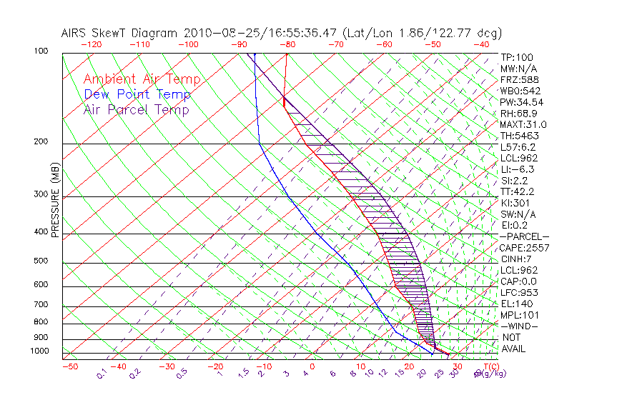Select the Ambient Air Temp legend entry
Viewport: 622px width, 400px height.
click(142, 79)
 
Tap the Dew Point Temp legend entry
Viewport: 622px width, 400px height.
click(137, 94)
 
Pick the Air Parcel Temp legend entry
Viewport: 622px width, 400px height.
click(137, 109)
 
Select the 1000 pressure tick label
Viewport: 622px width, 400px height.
click(40, 351)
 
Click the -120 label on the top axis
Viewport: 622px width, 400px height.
click(91, 44)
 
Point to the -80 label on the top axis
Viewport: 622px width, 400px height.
click(287, 44)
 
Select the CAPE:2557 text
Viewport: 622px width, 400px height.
click(523, 247)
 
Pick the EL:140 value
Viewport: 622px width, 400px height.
click(515, 304)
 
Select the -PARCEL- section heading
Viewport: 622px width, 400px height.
click(524, 236)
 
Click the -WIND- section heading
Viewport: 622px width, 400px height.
click(519, 326)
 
